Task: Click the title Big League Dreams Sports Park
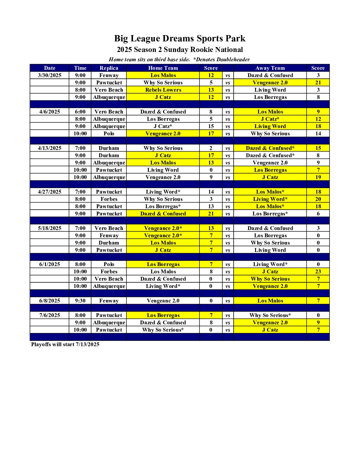(180, 38)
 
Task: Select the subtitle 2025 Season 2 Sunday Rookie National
(180, 50)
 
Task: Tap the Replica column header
(109, 68)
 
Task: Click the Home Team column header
(163, 68)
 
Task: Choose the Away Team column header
(270, 68)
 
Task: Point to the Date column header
(50, 68)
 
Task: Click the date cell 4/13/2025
(50, 148)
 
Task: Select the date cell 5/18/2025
(50, 228)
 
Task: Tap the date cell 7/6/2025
(50, 315)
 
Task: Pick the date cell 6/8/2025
(50, 301)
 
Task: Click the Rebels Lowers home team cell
(163, 90)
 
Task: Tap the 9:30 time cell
(80, 301)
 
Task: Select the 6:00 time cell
(80, 112)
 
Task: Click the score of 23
(318, 272)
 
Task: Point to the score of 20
(318, 199)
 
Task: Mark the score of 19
(318, 177)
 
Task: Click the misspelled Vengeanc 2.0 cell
(163, 301)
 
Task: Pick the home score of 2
(211, 148)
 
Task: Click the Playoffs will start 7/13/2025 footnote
(65, 345)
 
